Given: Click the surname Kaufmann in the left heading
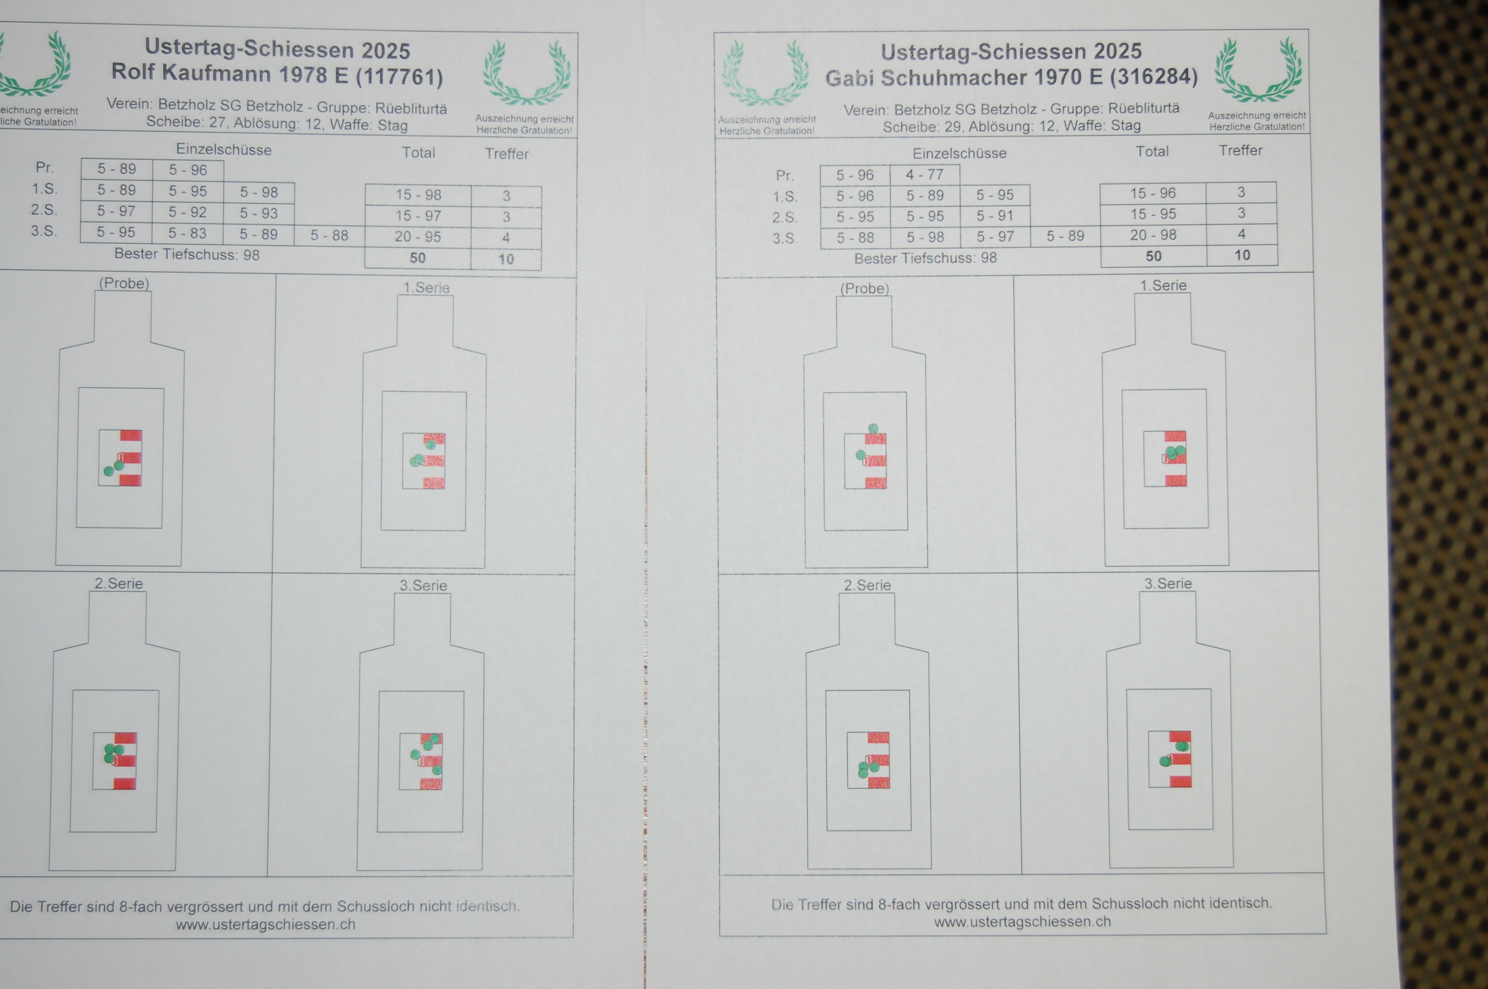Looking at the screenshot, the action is [217, 74].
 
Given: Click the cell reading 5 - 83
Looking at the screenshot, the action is [187, 233].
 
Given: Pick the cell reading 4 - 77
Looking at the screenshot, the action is [925, 175].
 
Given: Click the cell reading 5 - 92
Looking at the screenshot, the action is [187, 213].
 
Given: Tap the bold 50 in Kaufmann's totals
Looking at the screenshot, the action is [418, 259].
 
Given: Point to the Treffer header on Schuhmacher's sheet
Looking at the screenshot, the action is [1240, 151].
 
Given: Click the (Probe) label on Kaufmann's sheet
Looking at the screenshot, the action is [124, 283].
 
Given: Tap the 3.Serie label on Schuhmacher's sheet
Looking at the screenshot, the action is [1168, 584].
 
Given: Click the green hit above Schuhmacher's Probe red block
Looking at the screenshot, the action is [873, 429].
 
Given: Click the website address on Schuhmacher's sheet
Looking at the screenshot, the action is [1023, 922].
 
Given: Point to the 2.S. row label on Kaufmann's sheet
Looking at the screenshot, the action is [44, 210].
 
